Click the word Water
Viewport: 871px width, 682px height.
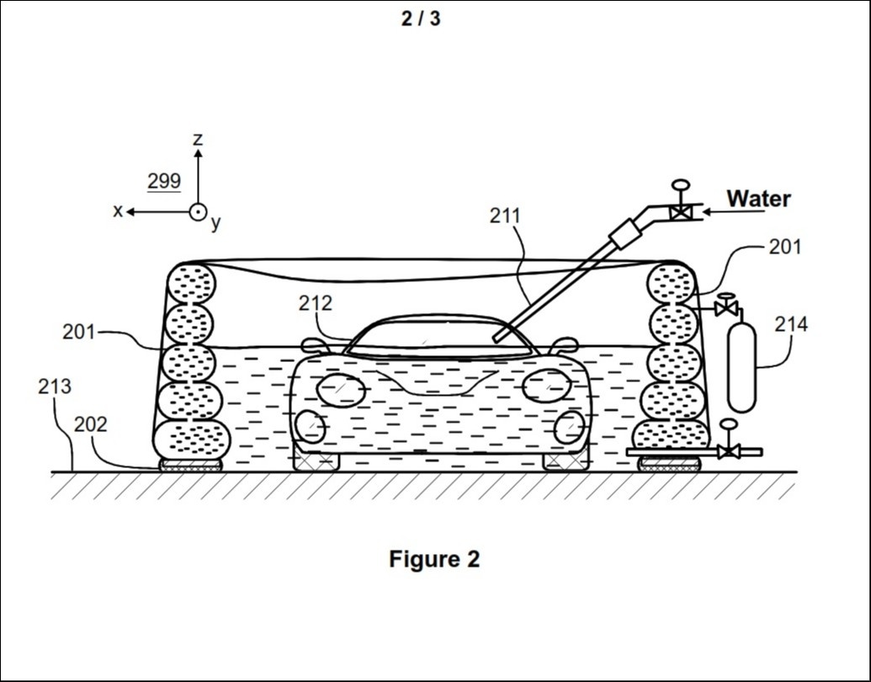coord(758,199)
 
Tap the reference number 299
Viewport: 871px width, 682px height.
coord(164,181)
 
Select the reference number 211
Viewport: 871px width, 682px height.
coord(505,216)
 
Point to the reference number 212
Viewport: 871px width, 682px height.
coord(315,303)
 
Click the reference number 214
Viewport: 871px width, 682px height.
coord(791,324)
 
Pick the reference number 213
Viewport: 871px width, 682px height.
coord(55,386)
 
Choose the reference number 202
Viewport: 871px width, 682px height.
coord(91,424)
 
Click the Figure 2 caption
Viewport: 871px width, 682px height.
coord(434,558)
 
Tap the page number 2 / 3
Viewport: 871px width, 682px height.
coord(421,19)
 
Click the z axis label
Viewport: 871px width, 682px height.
coord(198,139)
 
